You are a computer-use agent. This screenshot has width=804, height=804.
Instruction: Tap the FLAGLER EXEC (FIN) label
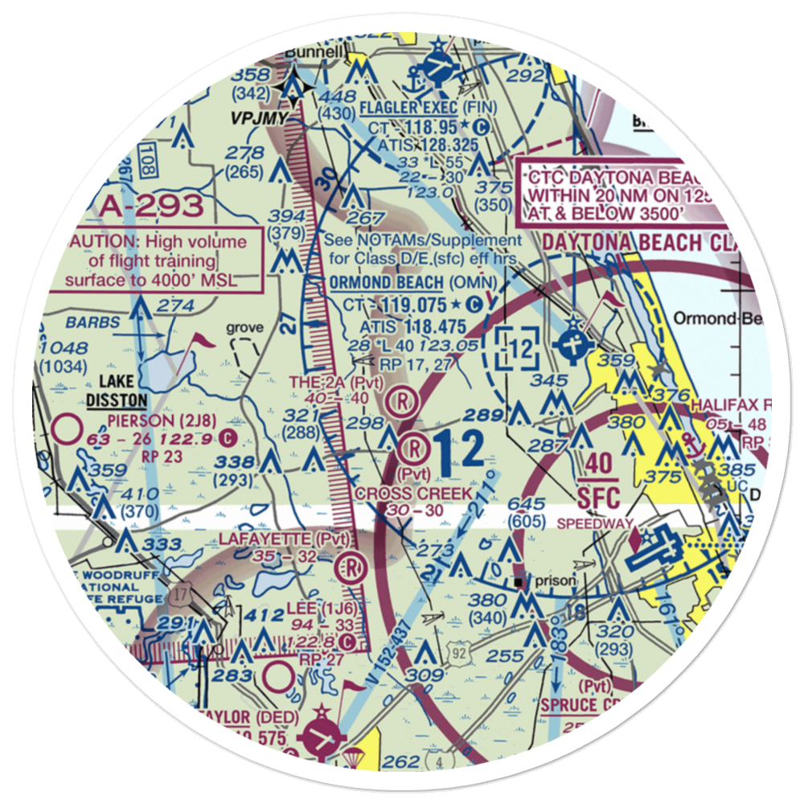(x=429, y=108)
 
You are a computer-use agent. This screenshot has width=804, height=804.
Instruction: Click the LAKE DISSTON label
(x=117, y=391)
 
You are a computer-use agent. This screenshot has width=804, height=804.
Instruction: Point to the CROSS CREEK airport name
(x=413, y=493)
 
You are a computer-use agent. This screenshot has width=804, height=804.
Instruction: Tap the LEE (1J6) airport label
(x=317, y=610)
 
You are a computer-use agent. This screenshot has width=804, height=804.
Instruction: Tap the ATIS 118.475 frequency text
(x=412, y=326)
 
